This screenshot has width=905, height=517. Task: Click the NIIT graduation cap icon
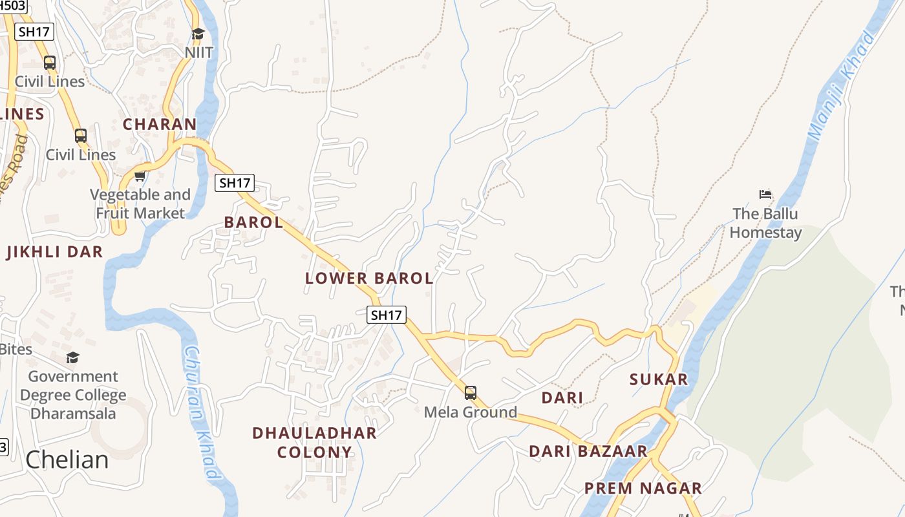tap(198, 34)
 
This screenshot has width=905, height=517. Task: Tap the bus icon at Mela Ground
tap(471, 392)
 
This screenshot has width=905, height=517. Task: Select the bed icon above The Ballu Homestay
tap(766, 194)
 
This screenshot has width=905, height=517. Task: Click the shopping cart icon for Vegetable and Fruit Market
tap(140, 176)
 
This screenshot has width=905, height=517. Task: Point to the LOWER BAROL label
tap(369, 279)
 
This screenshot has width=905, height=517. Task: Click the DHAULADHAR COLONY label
tap(314, 442)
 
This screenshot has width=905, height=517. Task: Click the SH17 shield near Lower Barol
tap(387, 315)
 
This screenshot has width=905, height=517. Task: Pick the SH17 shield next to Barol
tap(235, 183)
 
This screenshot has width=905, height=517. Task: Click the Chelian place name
tap(67, 459)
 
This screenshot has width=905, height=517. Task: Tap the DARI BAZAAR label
tap(588, 451)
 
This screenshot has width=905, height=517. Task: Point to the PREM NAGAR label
tap(643, 488)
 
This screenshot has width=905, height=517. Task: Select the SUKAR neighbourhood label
tap(659, 379)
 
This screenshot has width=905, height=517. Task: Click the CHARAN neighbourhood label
tap(160, 124)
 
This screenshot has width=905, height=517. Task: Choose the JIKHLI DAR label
tap(55, 252)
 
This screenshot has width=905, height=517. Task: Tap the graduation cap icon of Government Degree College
tap(73, 357)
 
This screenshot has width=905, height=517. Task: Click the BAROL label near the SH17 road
tap(253, 222)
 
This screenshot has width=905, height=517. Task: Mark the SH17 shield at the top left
tap(34, 31)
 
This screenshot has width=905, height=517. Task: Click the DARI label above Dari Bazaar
tap(562, 398)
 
